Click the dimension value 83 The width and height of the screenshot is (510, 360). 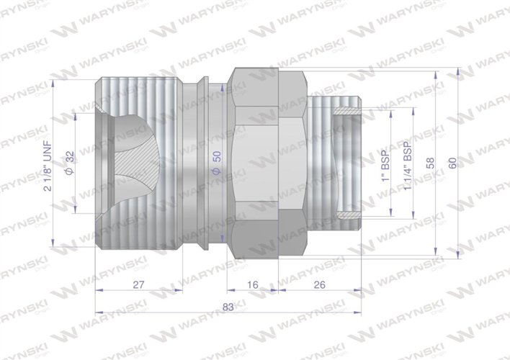228,307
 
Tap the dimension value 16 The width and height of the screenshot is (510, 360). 252,285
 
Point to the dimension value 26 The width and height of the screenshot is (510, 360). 319,285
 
